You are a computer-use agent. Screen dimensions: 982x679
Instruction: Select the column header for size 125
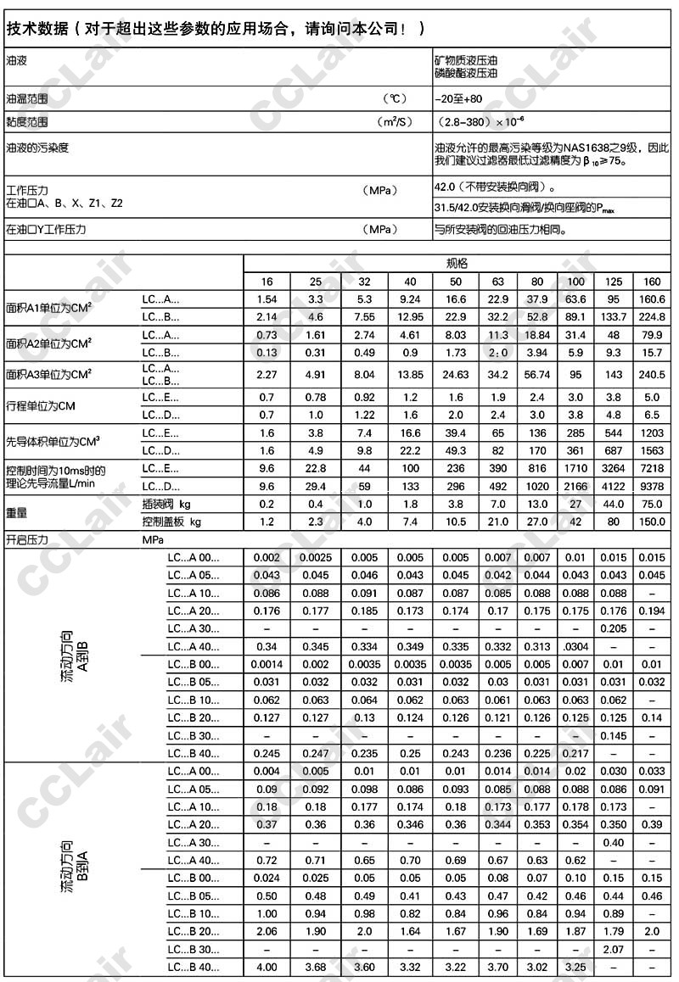coord(613,282)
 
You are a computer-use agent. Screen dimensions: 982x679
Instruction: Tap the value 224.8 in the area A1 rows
coord(653,316)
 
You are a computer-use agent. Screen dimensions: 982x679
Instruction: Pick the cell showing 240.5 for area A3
coord(653,374)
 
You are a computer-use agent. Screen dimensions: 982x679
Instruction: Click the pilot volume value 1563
coord(653,450)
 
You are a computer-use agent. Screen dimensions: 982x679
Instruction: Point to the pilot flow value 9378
coord(653,486)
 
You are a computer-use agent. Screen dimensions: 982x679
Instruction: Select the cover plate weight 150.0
coord(653,522)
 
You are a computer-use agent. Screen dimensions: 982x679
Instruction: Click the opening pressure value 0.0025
coord(315,557)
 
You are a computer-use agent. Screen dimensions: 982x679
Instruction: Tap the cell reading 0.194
coord(653,611)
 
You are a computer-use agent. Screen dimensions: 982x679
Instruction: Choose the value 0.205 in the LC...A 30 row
coord(613,628)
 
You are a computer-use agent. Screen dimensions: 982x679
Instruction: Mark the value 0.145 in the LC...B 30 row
coord(613,735)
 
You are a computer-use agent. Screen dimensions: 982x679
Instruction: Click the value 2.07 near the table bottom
coord(613,949)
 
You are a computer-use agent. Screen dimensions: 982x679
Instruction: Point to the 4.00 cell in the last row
coord(267,967)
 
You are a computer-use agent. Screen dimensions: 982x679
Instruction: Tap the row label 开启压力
coord(27,539)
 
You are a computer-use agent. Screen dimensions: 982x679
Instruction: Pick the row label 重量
coord(17,513)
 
